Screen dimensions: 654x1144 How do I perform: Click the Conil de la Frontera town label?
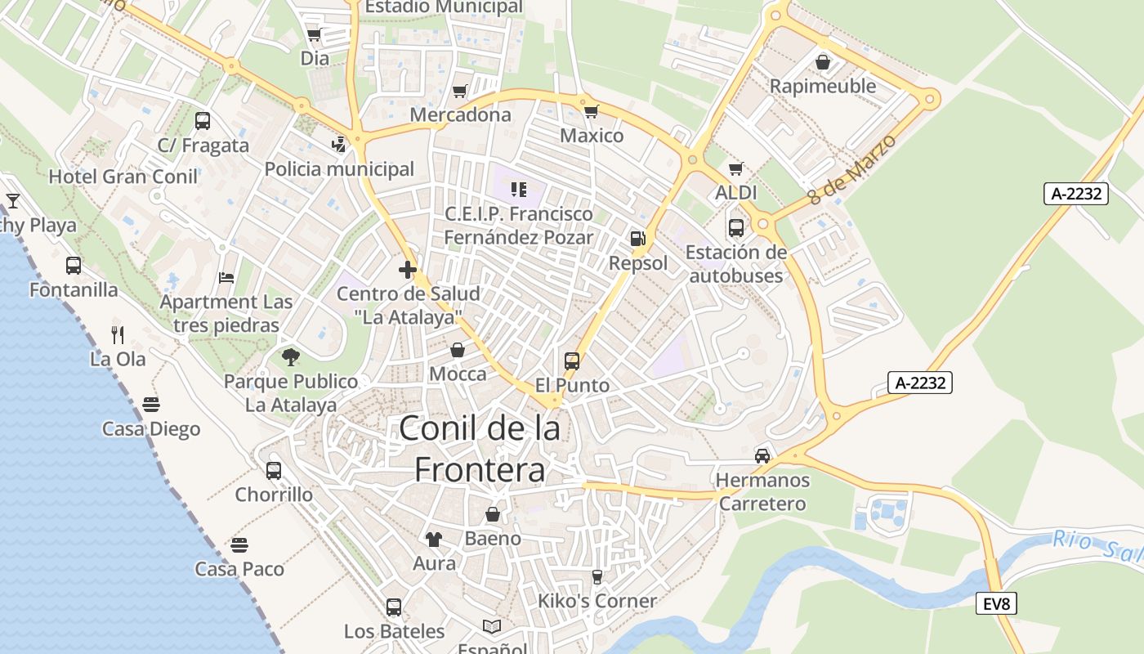[x=480, y=449]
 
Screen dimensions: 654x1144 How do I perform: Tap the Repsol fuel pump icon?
[x=637, y=239]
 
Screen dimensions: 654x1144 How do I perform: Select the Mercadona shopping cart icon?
[x=460, y=91]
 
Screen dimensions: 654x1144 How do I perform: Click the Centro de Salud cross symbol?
[x=408, y=269]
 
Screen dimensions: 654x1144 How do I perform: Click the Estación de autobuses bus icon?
[x=736, y=227]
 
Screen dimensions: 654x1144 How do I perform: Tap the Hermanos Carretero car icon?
[x=762, y=455]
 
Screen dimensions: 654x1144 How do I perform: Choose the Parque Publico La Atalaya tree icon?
[x=290, y=356]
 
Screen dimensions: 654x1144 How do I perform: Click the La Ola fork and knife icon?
[x=118, y=334]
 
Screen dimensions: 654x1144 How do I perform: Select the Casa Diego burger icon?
[x=151, y=404]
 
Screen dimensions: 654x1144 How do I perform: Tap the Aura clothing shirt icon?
[x=433, y=539]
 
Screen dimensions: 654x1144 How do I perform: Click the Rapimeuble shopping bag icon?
[x=823, y=62]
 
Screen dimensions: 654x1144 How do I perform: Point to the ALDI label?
[x=736, y=193]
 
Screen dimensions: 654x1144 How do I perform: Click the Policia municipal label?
[x=339, y=169]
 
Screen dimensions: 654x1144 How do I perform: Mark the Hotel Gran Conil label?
[x=123, y=177]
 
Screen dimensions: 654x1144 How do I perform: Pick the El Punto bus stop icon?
[x=572, y=361]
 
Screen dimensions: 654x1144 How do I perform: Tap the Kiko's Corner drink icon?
[x=597, y=576]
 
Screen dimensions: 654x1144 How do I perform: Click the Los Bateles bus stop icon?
[x=394, y=607]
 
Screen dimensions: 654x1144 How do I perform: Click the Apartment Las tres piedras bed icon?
[x=226, y=278]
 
